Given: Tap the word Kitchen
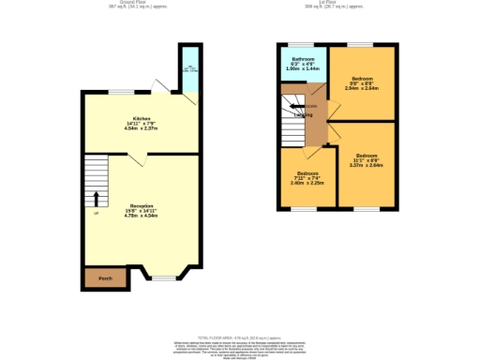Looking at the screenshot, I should click(x=141, y=118).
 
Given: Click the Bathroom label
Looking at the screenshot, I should click(x=302, y=59).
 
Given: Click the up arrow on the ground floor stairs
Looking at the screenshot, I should click(x=96, y=199).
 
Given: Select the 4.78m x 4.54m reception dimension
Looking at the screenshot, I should click(x=141, y=216).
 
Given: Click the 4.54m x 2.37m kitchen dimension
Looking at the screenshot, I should click(x=141, y=129).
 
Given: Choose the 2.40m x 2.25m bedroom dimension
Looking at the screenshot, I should click(x=309, y=184).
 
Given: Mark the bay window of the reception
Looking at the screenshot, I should click(x=164, y=277).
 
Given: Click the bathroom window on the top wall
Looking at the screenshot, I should click(x=300, y=44).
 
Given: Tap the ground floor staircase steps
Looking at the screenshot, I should click(x=97, y=173).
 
